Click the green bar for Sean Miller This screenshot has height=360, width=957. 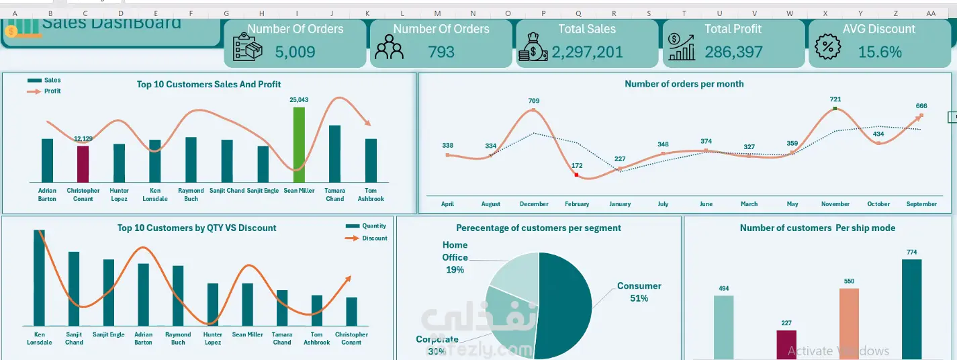[299, 144]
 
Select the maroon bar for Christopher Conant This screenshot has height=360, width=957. [83, 164]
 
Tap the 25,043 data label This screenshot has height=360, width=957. [299, 100]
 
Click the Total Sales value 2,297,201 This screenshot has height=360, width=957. [588, 52]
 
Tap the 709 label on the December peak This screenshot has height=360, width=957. [533, 101]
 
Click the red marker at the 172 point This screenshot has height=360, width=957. [576, 175]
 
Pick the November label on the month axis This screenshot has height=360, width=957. [835, 204]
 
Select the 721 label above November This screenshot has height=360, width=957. [835, 99]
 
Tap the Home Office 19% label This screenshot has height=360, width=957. [455, 257]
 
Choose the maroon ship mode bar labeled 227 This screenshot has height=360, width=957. [786, 345]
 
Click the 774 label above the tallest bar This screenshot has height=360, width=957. [911, 252]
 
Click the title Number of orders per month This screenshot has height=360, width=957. [684, 84]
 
